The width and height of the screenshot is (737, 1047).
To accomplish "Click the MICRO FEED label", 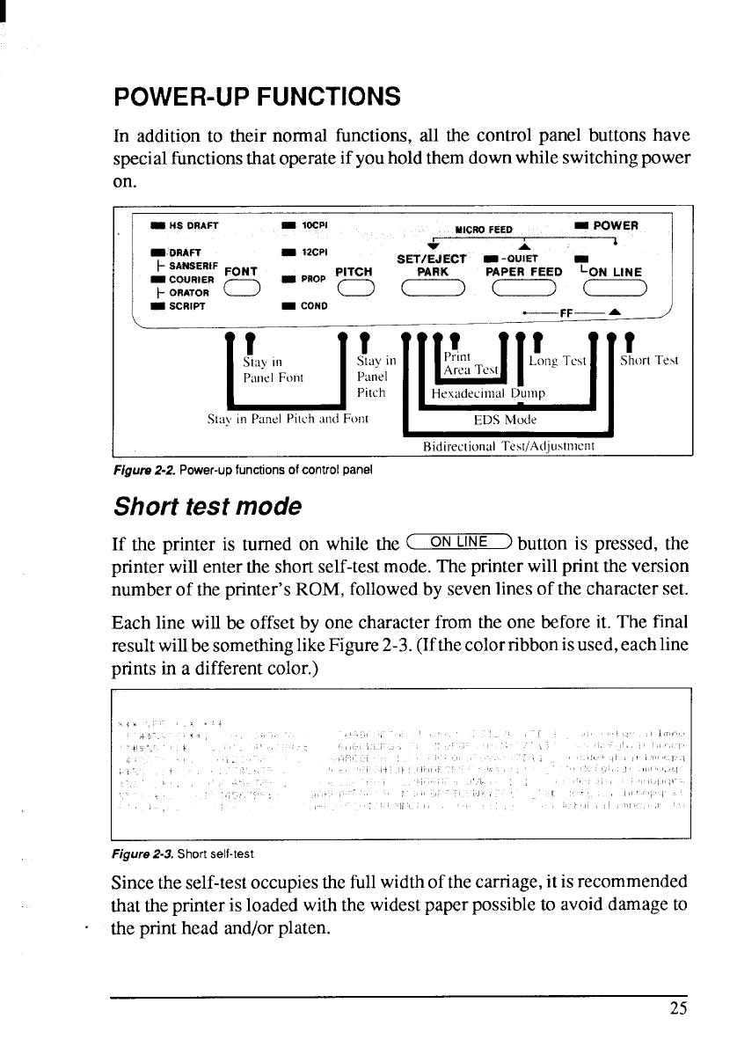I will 484,231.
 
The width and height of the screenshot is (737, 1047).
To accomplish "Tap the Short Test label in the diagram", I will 654,359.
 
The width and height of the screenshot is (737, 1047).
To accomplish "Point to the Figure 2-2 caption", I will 247,468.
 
